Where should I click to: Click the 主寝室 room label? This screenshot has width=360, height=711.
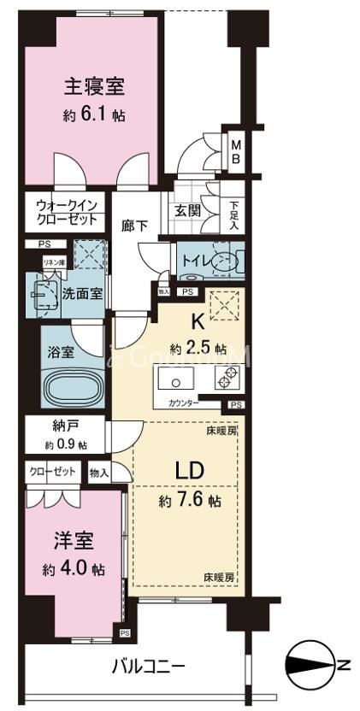(93, 86)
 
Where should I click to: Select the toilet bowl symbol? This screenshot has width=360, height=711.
(224, 261)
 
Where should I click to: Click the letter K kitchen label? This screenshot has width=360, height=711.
(195, 323)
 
